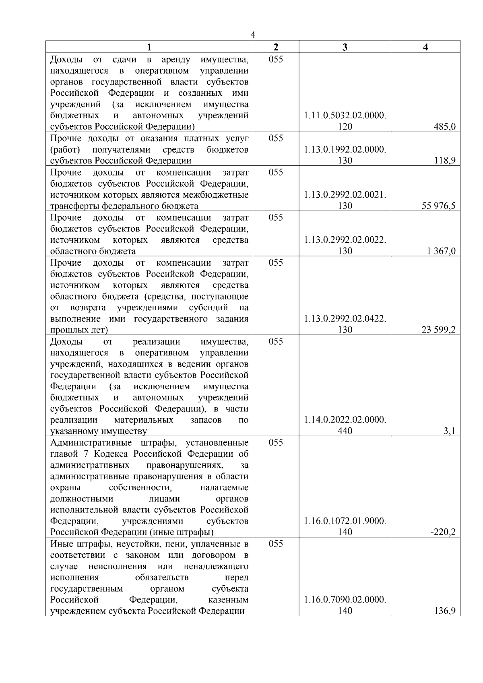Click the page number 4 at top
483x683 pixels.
click(x=252, y=35)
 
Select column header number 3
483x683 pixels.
click(x=345, y=47)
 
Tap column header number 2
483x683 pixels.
click(x=276, y=47)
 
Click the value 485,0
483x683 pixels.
click(x=446, y=127)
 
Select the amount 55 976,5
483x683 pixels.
click(x=439, y=206)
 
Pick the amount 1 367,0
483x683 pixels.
click(x=442, y=251)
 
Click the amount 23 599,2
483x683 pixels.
click(x=439, y=330)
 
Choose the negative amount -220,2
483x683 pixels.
click(x=443, y=532)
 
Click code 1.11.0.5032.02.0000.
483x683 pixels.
click(x=345, y=116)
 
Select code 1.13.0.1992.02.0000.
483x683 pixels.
click(x=345, y=150)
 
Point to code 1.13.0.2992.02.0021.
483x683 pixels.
click(x=345, y=195)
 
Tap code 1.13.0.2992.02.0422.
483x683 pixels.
click(x=345, y=319)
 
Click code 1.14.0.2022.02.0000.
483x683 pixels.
click(x=345, y=420)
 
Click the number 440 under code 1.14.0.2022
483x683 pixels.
click(x=345, y=431)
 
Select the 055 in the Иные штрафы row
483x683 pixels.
click(x=276, y=544)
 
